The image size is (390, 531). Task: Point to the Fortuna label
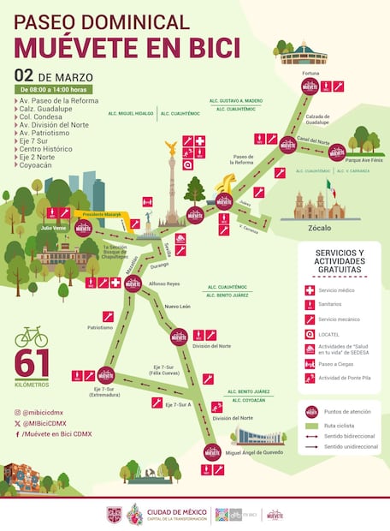tap(310, 75)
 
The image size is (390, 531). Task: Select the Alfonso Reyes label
tap(165, 283)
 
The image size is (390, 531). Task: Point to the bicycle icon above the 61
tap(31, 336)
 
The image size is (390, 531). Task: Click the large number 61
tap(31, 364)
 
